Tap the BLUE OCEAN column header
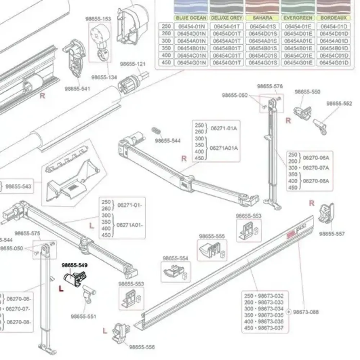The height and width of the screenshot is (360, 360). [191, 18]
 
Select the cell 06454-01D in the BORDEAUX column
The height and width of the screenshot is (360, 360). [334, 26]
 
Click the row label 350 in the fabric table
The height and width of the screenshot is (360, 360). [166, 48]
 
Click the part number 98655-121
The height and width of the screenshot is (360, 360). [133, 64]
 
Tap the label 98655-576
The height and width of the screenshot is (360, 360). [270, 86]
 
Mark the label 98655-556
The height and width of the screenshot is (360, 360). [142, 347]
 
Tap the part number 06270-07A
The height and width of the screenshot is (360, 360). [316, 168]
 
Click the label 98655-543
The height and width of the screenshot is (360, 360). [19, 186]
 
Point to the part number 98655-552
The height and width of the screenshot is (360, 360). [339, 104]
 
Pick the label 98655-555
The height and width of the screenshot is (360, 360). [212, 236]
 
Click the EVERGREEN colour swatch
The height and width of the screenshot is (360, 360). [298, 7]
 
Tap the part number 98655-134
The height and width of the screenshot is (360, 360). [104, 77]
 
